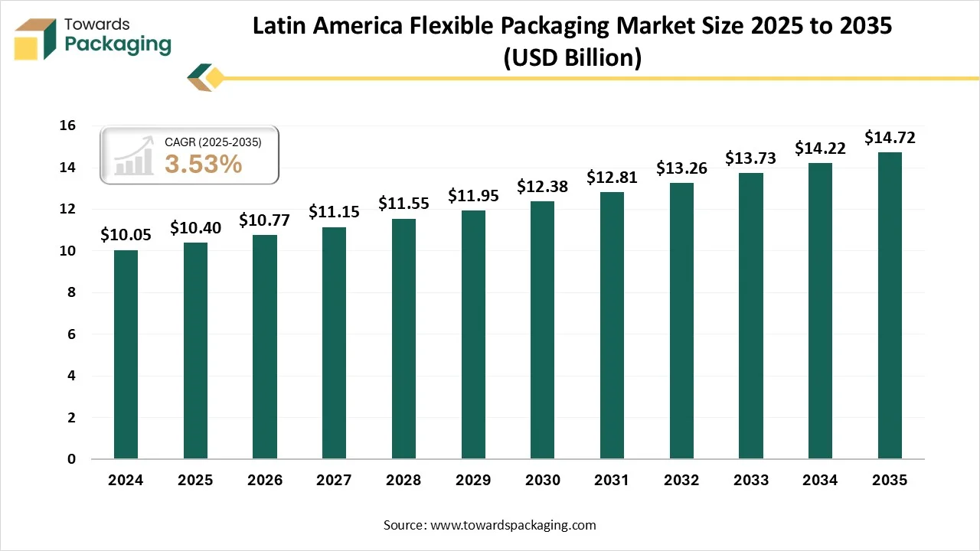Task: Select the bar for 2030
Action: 542,330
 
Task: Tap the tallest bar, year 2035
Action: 890,305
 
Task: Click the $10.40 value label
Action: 195,227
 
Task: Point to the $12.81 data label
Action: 612,178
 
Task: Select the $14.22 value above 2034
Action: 820,148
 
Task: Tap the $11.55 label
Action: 403,204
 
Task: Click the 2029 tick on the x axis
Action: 473,481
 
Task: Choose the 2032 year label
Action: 681,481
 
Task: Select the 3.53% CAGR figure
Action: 204,164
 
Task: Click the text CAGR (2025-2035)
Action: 213,142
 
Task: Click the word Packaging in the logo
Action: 118,44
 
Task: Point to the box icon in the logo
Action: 36,38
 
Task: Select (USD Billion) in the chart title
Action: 572,58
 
